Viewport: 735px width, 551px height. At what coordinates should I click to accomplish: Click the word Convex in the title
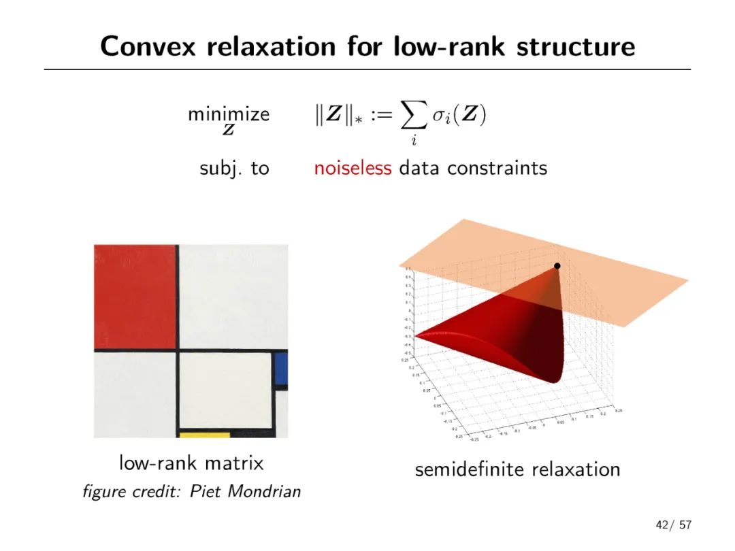click(x=148, y=46)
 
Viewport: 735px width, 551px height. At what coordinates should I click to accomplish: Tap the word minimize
click(x=229, y=114)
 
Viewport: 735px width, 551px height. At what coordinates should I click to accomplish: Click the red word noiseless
click(x=353, y=167)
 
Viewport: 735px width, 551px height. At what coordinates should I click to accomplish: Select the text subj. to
click(x=235, y=168)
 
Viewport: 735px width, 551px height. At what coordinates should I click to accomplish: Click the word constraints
click(x=497, y=167)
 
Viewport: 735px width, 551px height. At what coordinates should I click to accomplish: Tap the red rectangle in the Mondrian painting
click(x=135, y=296)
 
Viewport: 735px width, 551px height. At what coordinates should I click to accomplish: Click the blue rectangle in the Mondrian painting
click(x=280, y=368)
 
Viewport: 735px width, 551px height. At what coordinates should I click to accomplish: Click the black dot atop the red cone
click(x=557, y=265)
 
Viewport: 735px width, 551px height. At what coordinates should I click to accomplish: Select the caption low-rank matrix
click(x=191, y=464)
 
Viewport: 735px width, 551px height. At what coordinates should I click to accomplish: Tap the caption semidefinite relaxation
click(x=517, y=469)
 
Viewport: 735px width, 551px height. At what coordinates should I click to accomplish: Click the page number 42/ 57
click(x=672, y=525)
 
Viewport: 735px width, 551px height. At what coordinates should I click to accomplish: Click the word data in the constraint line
click(x=418, y=167)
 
